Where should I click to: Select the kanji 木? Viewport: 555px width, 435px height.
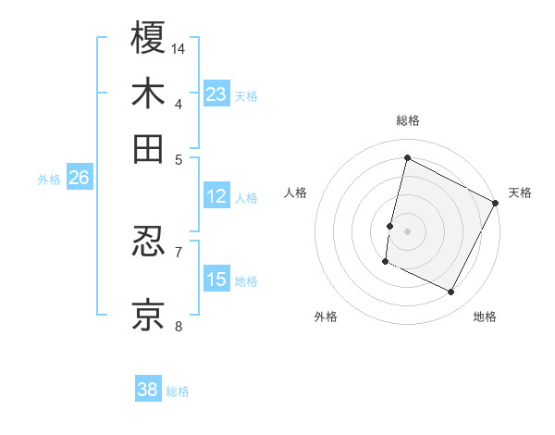[x=148, y=93]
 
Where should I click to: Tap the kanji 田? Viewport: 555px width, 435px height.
[x=148, y=149]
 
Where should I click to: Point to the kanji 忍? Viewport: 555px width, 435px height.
[x=148, y=242]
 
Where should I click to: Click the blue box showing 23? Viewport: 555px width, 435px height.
[x=216, y=94]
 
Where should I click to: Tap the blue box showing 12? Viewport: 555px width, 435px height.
[x=216, y=196]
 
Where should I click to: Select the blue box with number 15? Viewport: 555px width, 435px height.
[x=216, y=280]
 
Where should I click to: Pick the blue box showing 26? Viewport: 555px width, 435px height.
[x=79, y=179]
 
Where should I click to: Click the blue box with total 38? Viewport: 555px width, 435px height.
[x=148, y=390]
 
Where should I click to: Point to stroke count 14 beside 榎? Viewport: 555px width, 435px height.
[x=179, y=47]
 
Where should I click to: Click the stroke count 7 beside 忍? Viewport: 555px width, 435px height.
[x=179, y=251]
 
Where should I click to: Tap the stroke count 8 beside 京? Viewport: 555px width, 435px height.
[x=179, y=325]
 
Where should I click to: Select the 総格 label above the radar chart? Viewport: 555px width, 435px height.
[x=407, y=120]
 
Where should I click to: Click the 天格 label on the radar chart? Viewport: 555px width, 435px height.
[x=520, y=193]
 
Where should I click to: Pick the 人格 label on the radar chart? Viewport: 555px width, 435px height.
[x=295, y=193]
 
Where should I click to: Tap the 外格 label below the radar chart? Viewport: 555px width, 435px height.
[x=326, y=317]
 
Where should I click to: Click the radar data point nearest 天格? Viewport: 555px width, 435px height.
[x=496, y=204]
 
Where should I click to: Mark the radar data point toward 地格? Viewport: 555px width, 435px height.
[x=451, y=292]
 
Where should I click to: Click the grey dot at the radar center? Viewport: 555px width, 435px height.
[x=407, y=230]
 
